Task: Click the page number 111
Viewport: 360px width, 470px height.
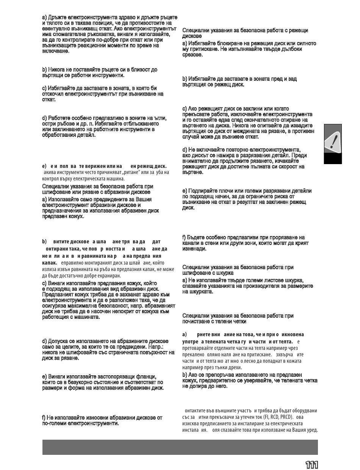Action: [311, 465]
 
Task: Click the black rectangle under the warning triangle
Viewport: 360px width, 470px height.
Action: [333, 158]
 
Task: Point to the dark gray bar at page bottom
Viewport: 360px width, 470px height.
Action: [180, 447]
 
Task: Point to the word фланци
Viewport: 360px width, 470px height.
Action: [146, 377]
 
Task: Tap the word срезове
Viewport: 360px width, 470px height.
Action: [193, 55]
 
